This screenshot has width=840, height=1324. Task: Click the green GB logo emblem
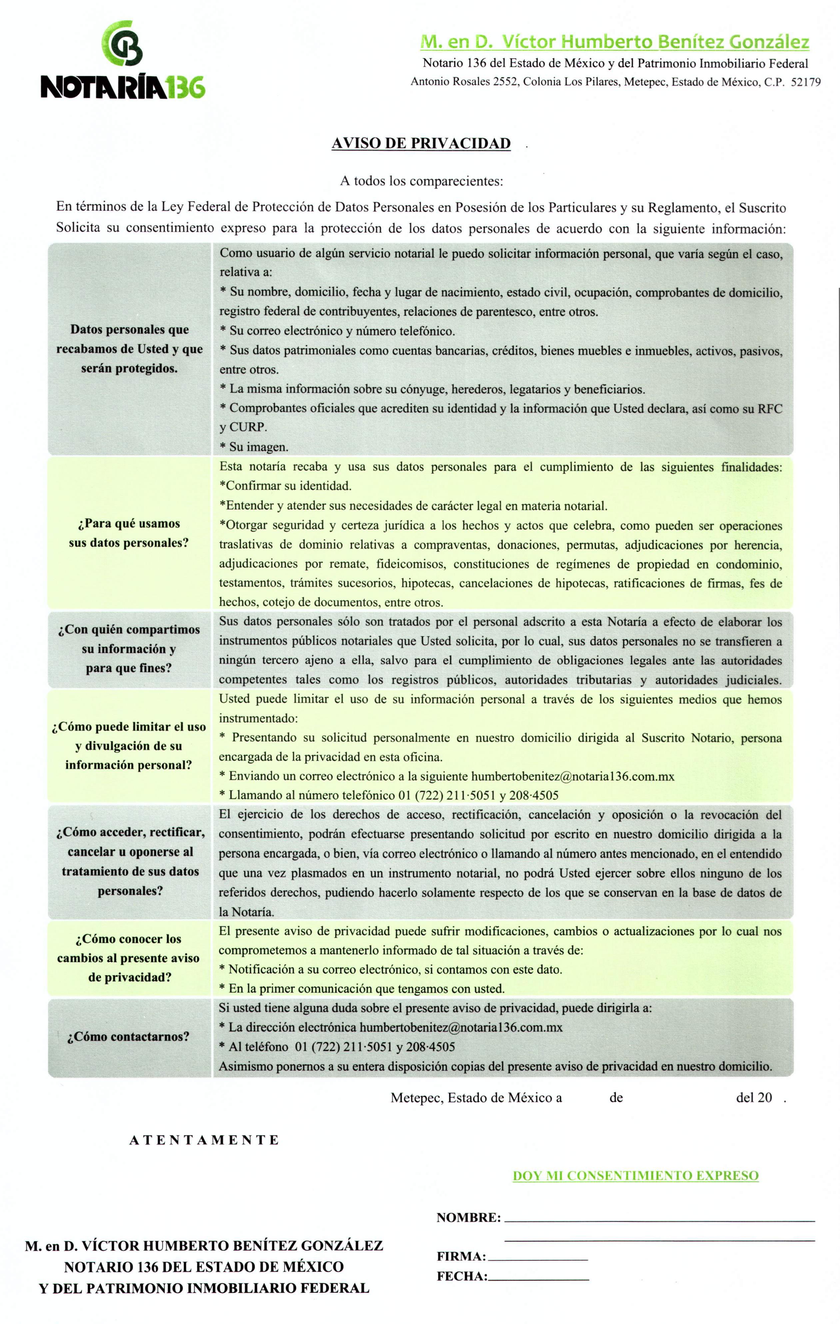(x=123, y=42)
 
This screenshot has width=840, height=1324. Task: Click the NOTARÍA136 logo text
(x=123, y=86)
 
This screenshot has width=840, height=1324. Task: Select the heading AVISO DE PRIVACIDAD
(x=421, y=144)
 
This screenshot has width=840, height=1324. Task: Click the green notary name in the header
(x=614, y=42)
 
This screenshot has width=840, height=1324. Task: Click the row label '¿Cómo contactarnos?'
(x=128, y=1037)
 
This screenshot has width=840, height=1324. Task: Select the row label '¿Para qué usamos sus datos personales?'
(x=129, y=533)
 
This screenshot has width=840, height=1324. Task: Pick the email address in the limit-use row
(x=573, y=776)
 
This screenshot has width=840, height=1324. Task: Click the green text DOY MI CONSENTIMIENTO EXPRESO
(x=635, y=1175)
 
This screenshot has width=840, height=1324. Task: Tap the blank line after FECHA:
(x=538, y=1276)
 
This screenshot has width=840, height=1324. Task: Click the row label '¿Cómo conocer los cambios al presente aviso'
(x=128, y=958)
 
